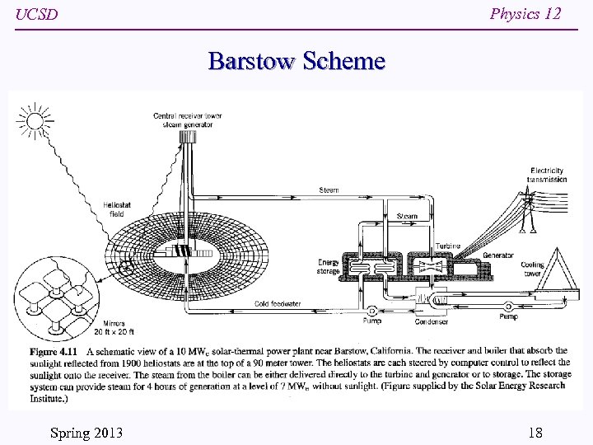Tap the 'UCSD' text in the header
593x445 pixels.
click(36, 15)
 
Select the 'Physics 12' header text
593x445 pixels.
click(525, 13)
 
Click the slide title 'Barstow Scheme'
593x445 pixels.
click(296, 61)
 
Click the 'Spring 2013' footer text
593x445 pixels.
click(86, 433)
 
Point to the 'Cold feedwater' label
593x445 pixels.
click(278, 304)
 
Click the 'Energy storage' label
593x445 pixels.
click(328, 267)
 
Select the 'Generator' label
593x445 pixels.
click(497, 255)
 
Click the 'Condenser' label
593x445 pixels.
click(431, 321)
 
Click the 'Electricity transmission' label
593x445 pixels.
click(547, 175)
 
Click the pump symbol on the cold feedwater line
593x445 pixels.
click(372, 311)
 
